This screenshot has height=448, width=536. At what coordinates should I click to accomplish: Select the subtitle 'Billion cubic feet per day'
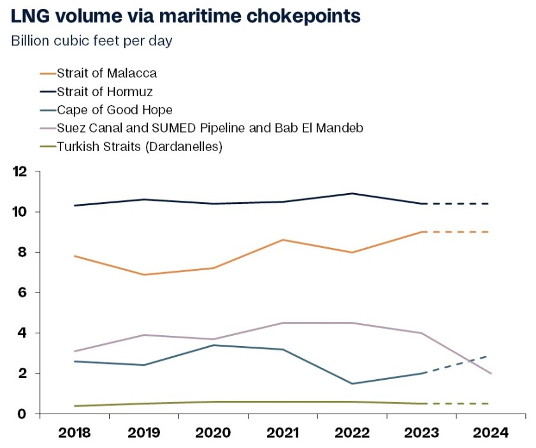coord(92,41)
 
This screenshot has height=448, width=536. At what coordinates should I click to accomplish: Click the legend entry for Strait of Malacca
coord(106,73)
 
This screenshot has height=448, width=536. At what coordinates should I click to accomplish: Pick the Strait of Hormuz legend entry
coord(105,92)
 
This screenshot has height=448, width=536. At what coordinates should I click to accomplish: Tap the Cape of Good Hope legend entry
coord(114,110)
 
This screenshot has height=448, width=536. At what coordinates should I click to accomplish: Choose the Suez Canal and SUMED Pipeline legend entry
coord(210,128)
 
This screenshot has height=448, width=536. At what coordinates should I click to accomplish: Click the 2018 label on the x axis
coord(74,433)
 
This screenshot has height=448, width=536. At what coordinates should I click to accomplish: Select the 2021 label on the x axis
coord(282,433)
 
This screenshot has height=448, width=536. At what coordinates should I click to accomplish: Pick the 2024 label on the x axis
coord(491,433)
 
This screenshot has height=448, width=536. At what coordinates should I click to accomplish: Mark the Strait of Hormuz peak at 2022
coord(352,193)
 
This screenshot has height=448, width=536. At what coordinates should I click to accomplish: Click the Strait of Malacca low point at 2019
coord(143,275)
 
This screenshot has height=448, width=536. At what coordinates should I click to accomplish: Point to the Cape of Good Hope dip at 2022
coord(352,384)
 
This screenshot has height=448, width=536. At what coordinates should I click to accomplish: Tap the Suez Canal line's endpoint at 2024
coord(491,373)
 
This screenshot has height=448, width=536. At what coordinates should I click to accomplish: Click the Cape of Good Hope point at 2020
coord(213,345)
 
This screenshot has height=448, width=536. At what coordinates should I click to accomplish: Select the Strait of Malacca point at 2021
coord(282,240)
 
